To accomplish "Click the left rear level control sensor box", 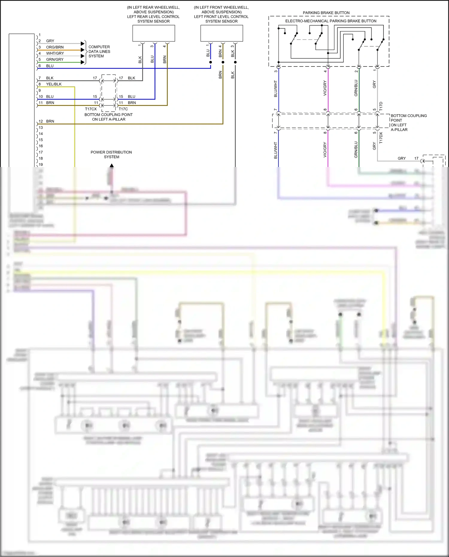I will coord(154,33).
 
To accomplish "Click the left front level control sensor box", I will coord(222,33).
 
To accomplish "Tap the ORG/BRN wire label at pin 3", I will coord(55,47).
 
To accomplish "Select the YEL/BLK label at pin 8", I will coord(54,84).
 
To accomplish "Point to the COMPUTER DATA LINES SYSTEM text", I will coord(99,51).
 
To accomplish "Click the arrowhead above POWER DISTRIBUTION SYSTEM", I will coord(112,165).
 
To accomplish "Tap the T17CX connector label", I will coord(91,109).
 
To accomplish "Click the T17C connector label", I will coord(123,109).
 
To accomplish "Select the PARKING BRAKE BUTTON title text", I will coord(326,13).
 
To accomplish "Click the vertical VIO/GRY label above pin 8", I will coord(325,88).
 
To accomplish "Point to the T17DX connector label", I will coord(381,138).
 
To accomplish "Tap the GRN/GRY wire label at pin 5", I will coord(55,60).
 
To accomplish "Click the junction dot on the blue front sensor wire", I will coord(210,62).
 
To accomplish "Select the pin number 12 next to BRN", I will coord(41,122).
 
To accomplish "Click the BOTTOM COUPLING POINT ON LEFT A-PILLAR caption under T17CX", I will coord(109,117).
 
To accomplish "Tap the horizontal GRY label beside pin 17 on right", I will coord(402,158).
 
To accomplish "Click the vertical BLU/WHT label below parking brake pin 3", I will coord(276,89).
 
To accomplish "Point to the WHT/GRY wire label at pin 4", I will coord(55,53).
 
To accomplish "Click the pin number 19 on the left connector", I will coord(41,165).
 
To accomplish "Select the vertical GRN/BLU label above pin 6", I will coord(356,88).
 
